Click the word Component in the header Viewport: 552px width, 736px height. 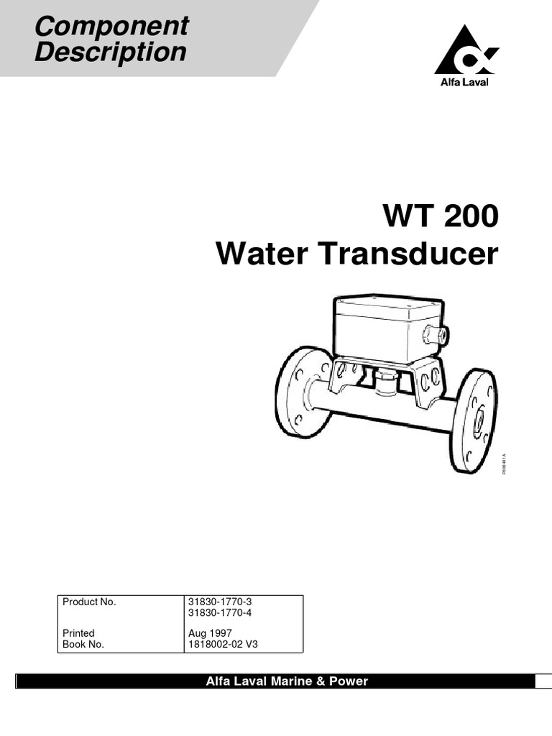(111, 27)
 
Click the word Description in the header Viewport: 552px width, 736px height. (111, 52)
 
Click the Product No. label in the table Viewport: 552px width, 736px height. (89, 602)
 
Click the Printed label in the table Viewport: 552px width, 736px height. (78, 633)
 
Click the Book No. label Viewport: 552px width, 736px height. (83, 644)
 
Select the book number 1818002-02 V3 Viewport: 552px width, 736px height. (222, 644)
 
